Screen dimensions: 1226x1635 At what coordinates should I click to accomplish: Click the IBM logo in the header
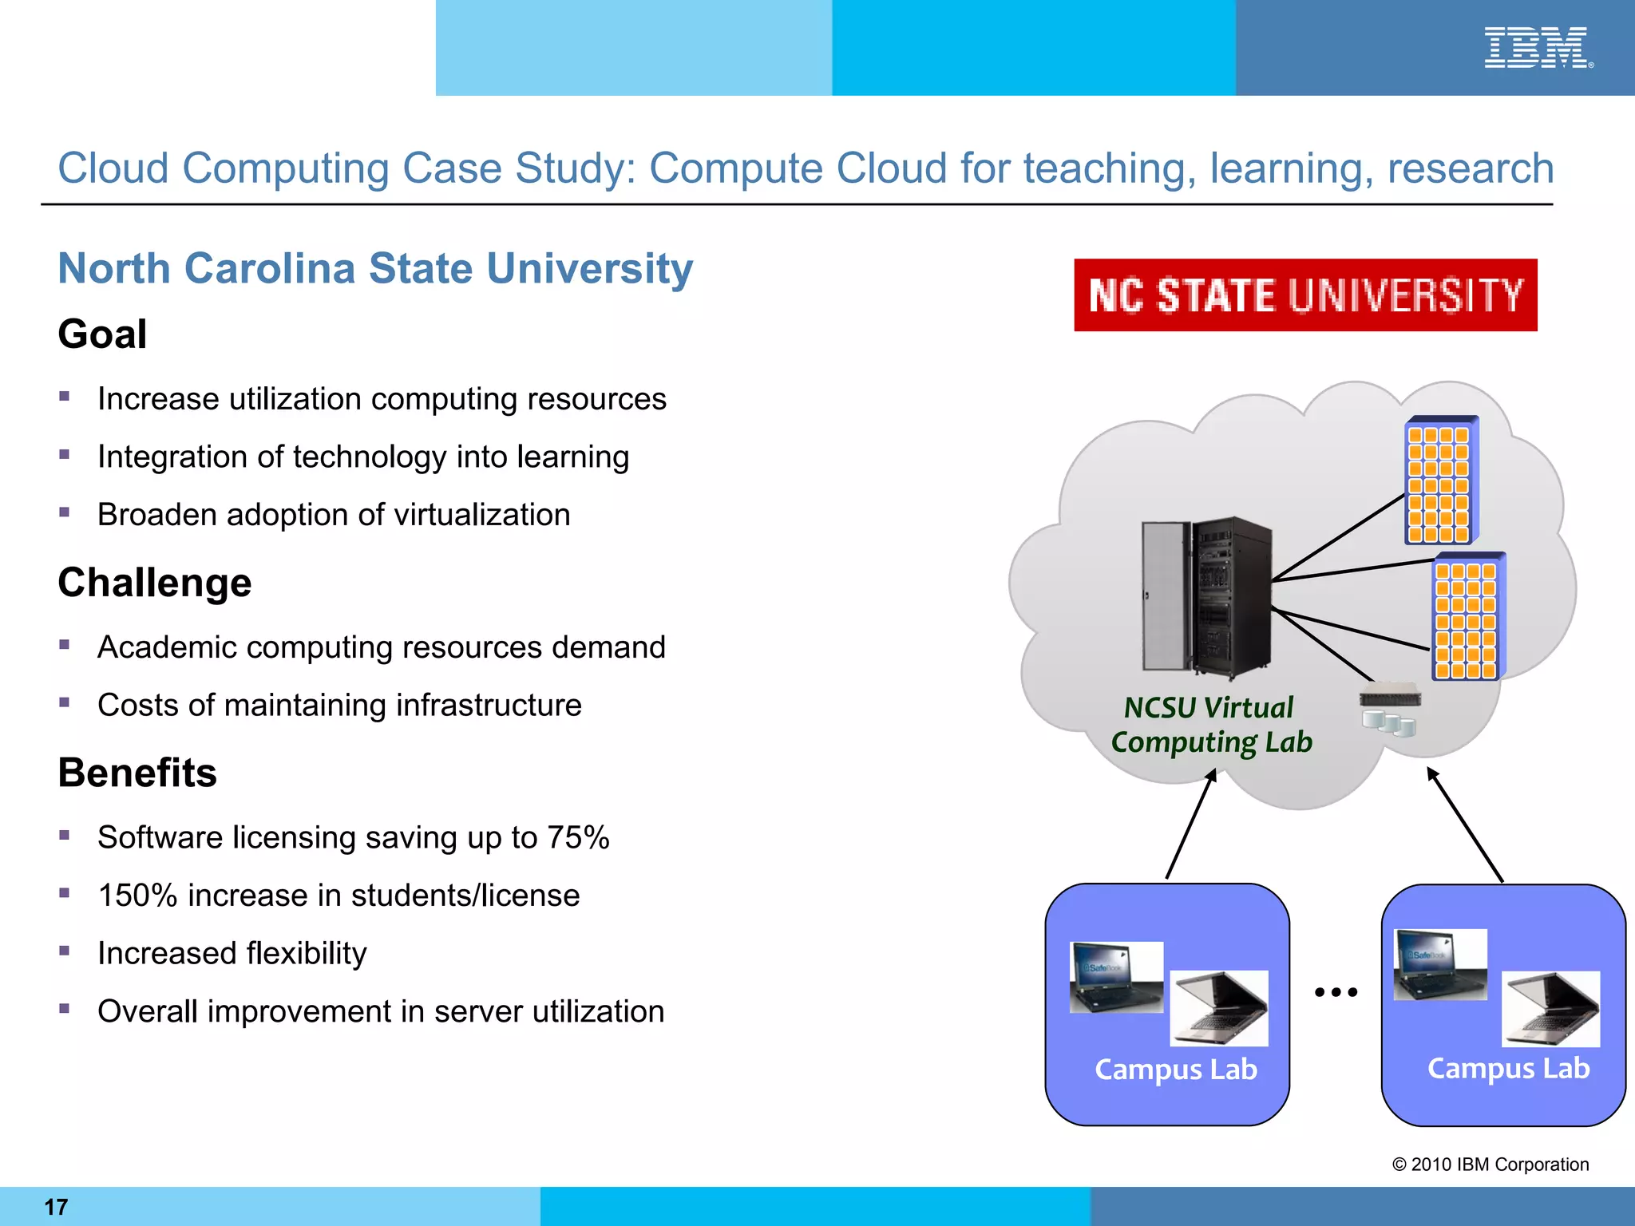(1537, 48)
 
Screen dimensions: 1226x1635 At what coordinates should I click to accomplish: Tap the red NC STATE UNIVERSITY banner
(1305, 295)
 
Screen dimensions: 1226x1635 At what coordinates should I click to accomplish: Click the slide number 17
(56, 1207)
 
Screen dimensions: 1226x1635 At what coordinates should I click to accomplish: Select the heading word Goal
(102, 334)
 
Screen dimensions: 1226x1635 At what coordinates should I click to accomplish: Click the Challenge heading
(155, 583)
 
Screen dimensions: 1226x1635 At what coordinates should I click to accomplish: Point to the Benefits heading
(137, 773)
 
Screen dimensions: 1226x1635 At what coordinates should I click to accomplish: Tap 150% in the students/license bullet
(137, 896)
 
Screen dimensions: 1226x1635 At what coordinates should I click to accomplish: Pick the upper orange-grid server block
(1441, 481)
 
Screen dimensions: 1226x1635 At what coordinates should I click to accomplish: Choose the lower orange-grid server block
(1467, 617)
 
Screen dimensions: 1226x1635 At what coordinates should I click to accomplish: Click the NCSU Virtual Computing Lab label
(1210, 725)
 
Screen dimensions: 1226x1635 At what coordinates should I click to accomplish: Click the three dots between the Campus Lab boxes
(1336, 992)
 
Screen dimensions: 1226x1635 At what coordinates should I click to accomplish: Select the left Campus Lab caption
(1175, 1070)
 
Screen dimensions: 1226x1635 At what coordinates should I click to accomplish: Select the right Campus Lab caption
(1508, 1069)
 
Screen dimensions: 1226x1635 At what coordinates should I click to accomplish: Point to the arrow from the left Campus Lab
(1190, 825)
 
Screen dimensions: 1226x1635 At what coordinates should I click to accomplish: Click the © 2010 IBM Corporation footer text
(1490, 1165)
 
